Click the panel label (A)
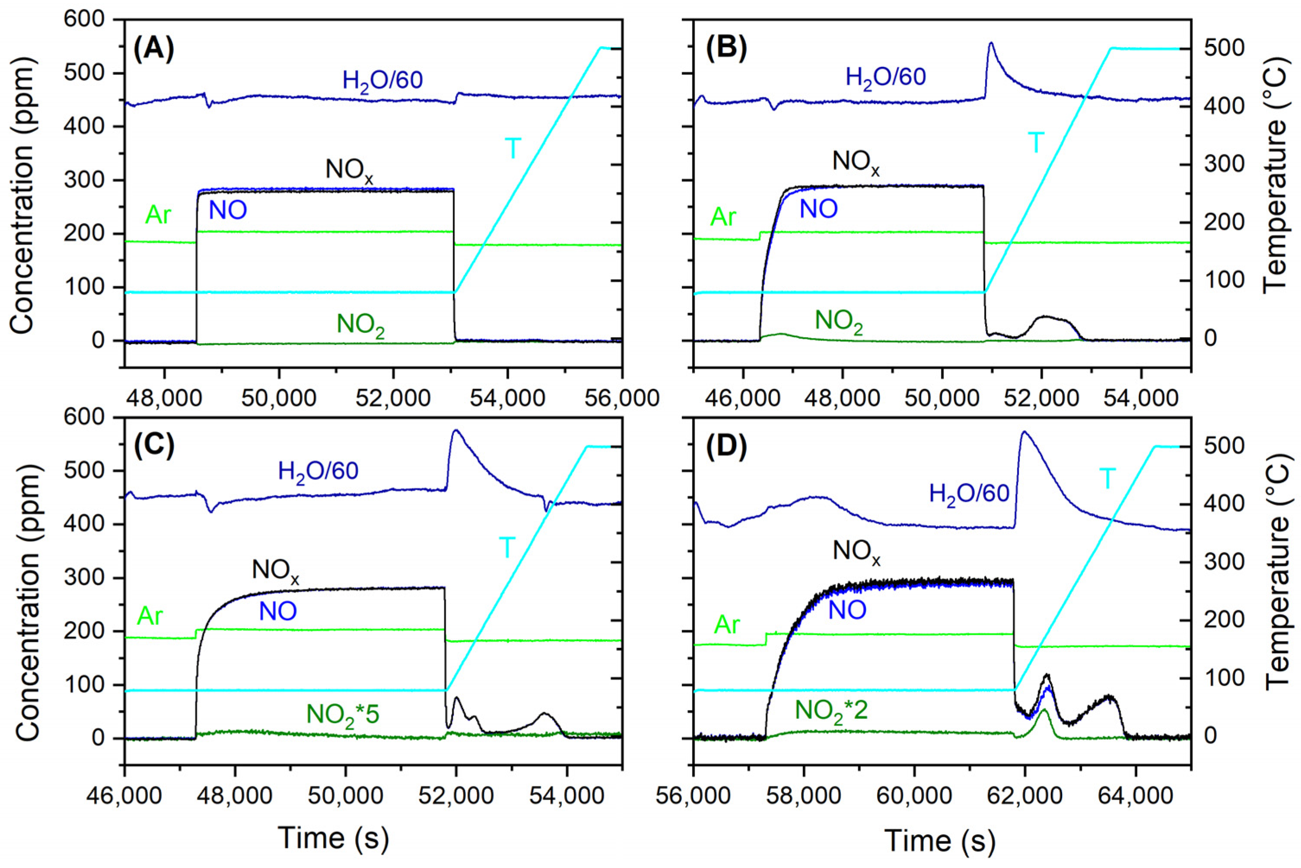tap(154, 49)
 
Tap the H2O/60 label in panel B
tap(885, 77)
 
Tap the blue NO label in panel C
tap(278, 611)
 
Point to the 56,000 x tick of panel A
tap(622, 399)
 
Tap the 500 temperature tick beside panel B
tap(1222, 49)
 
